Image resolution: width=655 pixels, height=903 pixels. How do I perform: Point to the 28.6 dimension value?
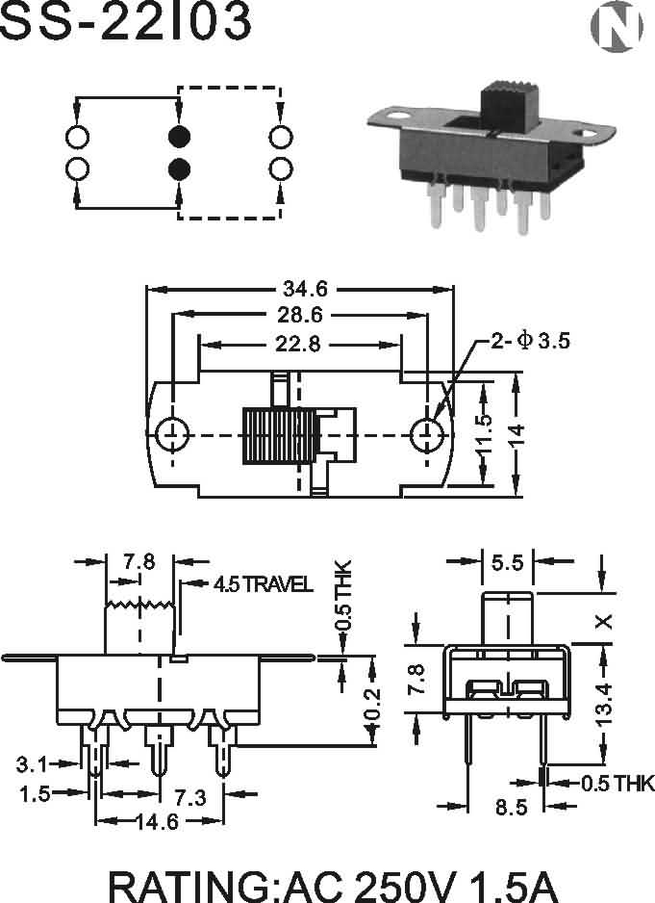[301, 315]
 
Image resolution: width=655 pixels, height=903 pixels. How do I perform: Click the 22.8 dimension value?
[300, 343]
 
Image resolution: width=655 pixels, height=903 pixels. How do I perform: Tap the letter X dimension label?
[604, 621]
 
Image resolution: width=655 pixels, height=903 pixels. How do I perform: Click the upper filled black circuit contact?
[178, 135]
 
